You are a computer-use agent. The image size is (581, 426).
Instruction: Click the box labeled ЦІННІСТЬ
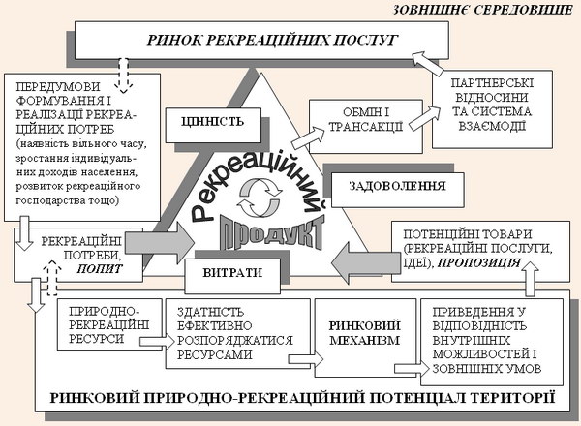tap(213, 125)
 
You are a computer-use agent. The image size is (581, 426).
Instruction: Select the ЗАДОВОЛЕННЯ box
tap(398, 190)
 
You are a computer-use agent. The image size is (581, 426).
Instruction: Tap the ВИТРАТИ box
tap(232, 276)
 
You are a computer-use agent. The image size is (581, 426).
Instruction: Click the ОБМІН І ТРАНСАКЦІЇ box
tap(366, 126)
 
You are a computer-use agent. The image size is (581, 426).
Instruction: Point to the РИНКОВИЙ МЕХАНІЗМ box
tap(365, 338)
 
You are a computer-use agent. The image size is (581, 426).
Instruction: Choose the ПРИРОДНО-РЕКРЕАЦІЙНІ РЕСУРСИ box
tap(109, 324)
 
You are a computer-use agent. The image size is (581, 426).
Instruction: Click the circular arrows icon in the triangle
tap(260, 198)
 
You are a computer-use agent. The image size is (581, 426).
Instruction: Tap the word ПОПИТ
tap(100, 268)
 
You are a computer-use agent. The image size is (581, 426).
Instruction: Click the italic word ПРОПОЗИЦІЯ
tap(479, 263)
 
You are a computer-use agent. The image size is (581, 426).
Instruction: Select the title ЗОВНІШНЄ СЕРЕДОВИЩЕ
tap(483, 10)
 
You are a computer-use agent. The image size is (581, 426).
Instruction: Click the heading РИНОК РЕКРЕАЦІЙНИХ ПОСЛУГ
tap(272, 40)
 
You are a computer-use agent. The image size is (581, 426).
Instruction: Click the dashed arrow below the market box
tap(123, 76)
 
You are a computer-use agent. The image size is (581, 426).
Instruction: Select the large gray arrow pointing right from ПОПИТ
tap(160, 243)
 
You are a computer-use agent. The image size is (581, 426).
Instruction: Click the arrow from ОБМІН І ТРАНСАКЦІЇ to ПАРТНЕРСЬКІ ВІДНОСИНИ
tap(425, 118)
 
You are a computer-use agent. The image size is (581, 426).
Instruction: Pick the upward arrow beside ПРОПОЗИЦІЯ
tap(531, 279)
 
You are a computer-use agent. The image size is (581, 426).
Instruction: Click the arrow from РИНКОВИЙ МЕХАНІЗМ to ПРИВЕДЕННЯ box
tap(412, 369)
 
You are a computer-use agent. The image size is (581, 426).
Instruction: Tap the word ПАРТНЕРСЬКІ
tap(493, 83)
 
